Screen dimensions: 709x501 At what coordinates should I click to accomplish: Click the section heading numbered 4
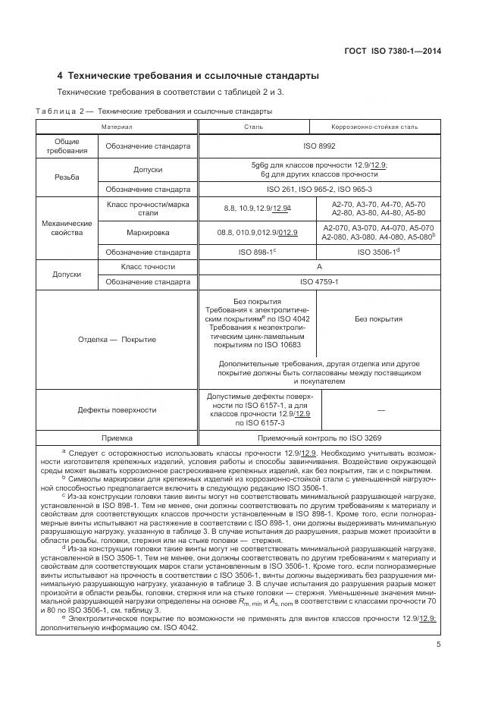tap(188, 76)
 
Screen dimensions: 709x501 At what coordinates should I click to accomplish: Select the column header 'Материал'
tap(117, 127)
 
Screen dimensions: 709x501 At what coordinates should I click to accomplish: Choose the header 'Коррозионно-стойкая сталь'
tap(374, 127)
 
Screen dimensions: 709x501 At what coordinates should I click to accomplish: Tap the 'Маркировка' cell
tap(148, 233)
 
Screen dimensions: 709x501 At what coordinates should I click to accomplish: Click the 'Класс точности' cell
tap(148, 267)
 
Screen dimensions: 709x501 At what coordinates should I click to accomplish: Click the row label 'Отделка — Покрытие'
tap(117, 339)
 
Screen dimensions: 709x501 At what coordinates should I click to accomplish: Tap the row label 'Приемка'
tap(117, 438)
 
